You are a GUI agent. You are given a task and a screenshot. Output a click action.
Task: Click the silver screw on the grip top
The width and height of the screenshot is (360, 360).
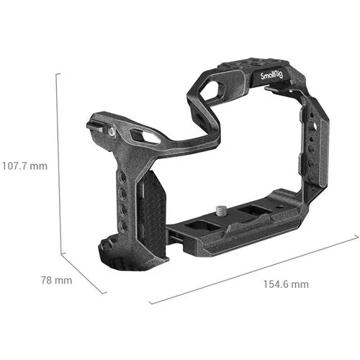(113, 132)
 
